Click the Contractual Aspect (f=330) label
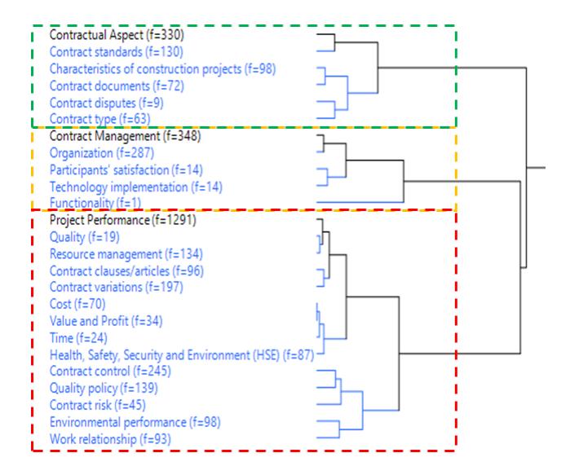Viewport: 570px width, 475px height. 117,35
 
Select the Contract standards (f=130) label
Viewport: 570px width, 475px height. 117,52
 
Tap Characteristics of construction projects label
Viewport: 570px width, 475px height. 163,69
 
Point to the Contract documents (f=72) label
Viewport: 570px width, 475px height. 117,86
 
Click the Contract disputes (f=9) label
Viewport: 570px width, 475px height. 107,103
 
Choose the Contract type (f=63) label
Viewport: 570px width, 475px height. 100,119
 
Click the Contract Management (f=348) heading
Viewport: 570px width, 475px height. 125,136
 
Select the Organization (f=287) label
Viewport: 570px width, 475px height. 102,153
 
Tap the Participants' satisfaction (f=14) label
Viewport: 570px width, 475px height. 126,170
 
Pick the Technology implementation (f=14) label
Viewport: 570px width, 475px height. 136,187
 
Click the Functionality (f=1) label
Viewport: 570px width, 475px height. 95,203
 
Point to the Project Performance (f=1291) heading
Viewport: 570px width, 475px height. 123,220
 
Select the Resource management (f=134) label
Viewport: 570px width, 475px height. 126,254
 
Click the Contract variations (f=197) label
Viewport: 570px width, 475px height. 117,288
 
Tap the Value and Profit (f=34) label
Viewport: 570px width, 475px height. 106,321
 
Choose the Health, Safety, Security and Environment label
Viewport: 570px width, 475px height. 182,355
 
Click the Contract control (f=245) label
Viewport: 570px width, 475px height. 110,372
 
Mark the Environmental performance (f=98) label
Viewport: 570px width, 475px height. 135,422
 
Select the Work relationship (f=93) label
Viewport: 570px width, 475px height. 110,439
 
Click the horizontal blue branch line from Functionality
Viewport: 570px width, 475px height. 360,202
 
